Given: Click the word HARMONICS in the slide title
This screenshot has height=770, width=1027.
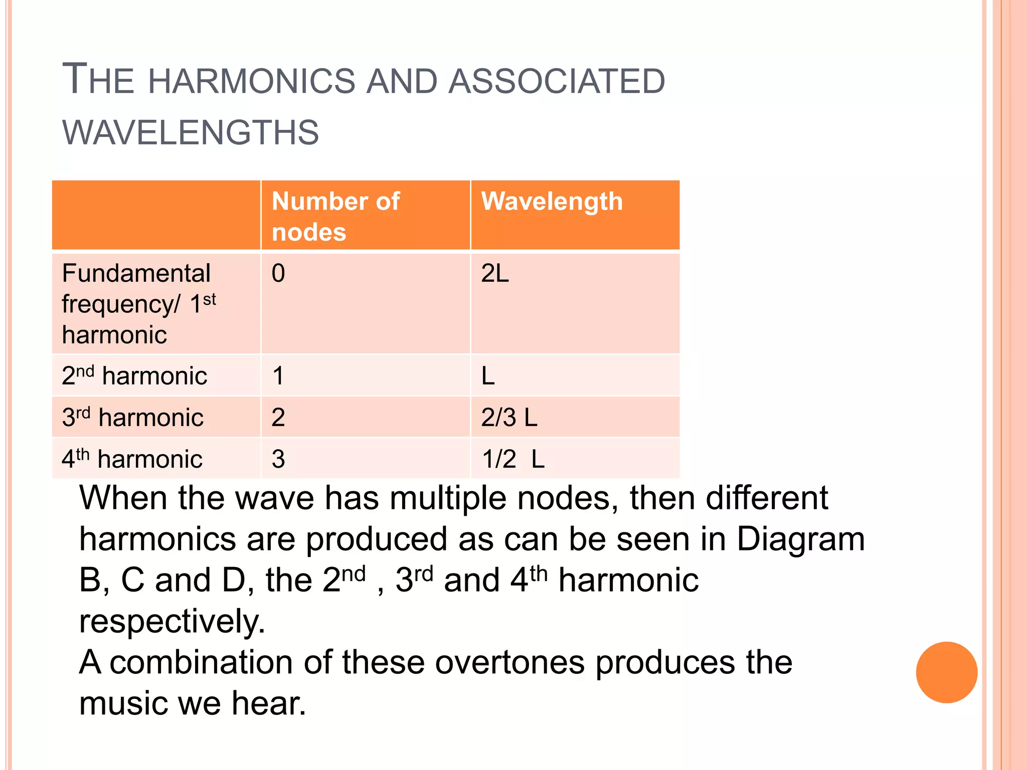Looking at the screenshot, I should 251,81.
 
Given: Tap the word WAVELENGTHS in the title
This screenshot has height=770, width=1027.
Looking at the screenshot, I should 191,133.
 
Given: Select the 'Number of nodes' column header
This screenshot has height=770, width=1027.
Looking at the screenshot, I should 335,216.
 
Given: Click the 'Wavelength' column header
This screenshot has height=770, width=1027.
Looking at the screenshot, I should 552,202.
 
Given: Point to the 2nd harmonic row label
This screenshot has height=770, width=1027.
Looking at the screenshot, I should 134,375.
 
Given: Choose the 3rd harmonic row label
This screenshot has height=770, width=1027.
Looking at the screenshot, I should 132,417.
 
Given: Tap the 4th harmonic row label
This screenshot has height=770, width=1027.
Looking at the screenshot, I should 132,459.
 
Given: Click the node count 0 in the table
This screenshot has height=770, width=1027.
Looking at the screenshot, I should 278,274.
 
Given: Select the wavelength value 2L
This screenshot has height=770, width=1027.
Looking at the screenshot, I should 495,274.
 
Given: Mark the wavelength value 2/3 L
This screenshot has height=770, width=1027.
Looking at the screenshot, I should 509,417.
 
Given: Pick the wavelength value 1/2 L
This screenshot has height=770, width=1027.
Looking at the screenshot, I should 513,459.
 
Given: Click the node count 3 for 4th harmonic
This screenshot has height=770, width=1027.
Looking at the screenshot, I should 278,459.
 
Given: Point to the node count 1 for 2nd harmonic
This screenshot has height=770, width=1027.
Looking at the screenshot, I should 278,375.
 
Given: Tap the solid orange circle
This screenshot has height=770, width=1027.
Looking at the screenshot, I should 946,672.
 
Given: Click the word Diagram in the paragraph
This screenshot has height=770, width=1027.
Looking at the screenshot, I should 800,539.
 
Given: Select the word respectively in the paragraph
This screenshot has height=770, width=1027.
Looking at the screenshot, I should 172,622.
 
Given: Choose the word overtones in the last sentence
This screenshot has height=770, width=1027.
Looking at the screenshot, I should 509,662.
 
